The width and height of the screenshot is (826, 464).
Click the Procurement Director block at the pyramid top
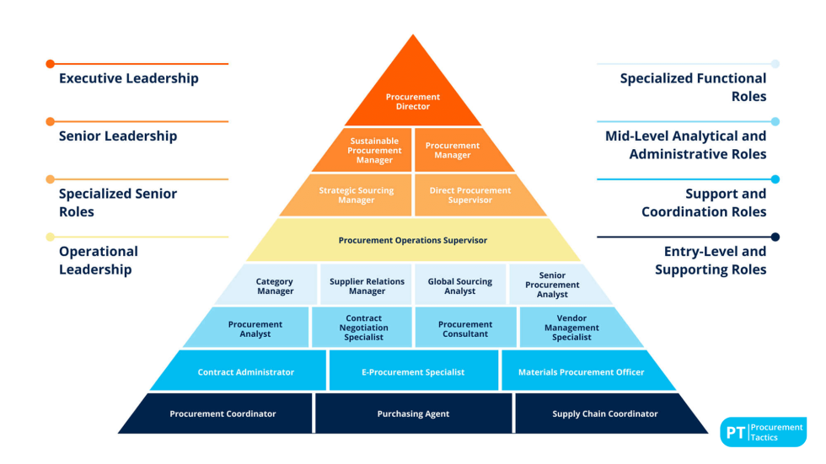click(x=413, y=102)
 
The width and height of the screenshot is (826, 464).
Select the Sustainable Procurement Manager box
click(x=374, y=151)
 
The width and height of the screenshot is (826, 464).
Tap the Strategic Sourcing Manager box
click(x=356, y=195)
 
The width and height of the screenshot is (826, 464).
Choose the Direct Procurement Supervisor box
click(x=469, y=195)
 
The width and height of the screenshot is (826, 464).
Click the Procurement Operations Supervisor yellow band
click(x=413, y=240)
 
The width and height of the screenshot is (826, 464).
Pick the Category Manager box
click(x=275, y=286)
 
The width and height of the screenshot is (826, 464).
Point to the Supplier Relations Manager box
click(x=367, y=286)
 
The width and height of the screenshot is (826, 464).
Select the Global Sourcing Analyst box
click(x=459, y=286)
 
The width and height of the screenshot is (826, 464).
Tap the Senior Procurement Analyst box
click(x=552, y=285)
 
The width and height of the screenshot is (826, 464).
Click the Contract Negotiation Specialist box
click(x=363, y=328)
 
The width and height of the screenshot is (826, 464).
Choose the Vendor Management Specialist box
click(x=571, y=328)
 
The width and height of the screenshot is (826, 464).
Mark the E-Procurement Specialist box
click(x=413, y=371)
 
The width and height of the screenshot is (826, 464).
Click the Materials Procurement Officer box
click(x=581, y=371)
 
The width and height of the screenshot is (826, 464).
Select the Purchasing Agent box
click(x=413, y=413)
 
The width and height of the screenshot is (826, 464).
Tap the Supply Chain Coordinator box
click(x=605, y=413)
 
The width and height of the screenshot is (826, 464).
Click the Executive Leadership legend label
click(x=129, y=78)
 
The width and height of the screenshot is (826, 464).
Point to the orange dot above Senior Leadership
click(x=51, y=121)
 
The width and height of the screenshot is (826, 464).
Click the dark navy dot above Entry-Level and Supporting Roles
click(x=775, y=237)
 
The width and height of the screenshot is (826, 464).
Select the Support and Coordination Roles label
click(x=704, y=202)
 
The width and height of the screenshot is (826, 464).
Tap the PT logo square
click(x=733, y=433)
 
